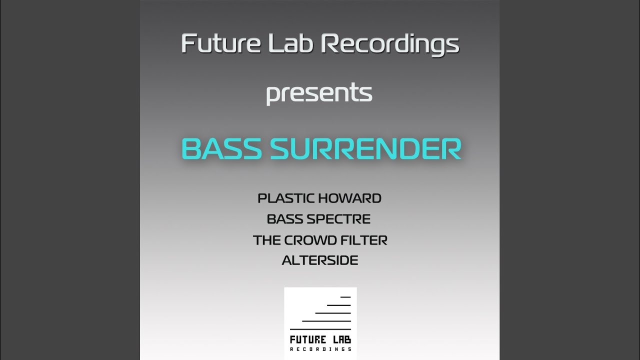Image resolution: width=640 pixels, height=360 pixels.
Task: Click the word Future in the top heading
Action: pos(221,43)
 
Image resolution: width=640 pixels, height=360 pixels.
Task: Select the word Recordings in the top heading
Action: pos(390,44)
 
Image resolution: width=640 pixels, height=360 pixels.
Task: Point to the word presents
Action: pos(319,93)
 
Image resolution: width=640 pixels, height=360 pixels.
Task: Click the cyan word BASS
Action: pos(221,149)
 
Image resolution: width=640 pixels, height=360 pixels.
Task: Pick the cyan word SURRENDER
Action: pos(366,149)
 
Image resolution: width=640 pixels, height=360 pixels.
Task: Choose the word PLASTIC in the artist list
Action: pos(286,198)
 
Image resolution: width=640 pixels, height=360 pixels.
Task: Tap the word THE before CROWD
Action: pos(267,240)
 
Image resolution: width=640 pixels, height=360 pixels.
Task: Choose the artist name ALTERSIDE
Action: pos(320,260)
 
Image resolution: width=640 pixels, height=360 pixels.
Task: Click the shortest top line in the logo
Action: pos(345,297)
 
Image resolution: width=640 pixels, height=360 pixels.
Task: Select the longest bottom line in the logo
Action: pos(320,329)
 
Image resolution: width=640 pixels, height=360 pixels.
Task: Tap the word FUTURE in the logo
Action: pos(308,339)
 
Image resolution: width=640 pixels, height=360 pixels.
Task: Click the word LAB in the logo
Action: pos(341,339)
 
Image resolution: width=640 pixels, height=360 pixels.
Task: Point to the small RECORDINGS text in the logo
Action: pos(320,349)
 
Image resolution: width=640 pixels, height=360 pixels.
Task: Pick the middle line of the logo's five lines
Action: pos(333,313)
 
